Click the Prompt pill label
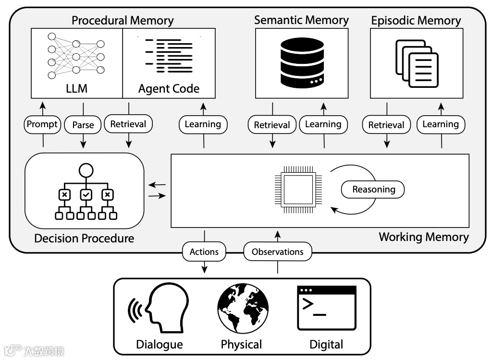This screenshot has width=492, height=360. pyautogui.click(x=42, y=124)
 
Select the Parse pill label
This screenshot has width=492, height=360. pyautogui.click(x=83, y=125)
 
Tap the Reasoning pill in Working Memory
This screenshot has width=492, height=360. pyautogui.click(x=373, y=190)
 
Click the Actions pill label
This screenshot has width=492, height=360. pyautogui.click(x=204, y=252)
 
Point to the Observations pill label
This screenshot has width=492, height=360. pyautogui.click(x=278, y=252)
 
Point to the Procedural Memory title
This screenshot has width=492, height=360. pyautogui.click(x=123, y=21)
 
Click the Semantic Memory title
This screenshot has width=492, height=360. pyautogui.click(x=301, y=20)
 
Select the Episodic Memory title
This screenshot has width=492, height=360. pyautogui.click(x=416, y=21)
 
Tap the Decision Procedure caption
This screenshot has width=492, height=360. pyautogui.click(x=84, y=238)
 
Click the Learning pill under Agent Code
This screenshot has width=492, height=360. pyautogui.click(x=203, y=124)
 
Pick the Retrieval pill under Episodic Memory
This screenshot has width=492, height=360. pyautogui.click(x=386, y=125)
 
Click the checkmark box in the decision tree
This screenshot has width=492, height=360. pyautogui.click(x=86, y=194)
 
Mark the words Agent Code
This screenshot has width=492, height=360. pyautogui.click(x=169, y=89)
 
